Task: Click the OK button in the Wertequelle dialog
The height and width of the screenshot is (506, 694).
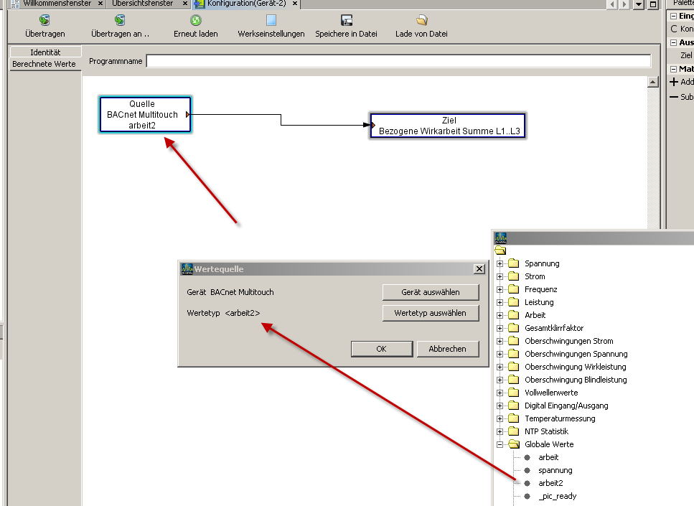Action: tap(382, 349)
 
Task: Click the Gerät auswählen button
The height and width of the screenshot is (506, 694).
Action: tap(430, 292)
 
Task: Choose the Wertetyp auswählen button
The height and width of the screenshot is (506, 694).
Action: tap(430, 313)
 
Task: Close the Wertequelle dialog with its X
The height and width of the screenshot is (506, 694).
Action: tap(479, 268)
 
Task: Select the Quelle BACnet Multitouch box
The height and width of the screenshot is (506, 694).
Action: tap(145, 115)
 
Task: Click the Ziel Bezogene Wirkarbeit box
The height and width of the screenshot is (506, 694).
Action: tap(448, 126)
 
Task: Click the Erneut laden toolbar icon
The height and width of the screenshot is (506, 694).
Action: tap(196, 20)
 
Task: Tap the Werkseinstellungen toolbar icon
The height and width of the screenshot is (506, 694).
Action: tap(271, 20)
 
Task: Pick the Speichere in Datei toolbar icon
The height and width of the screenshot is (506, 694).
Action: tap(347, 20)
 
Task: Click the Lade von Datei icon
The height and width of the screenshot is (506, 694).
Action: tap(422, 20)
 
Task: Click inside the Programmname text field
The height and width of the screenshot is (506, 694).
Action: tap(398, 61)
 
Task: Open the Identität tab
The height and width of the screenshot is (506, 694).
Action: tap(45, 52)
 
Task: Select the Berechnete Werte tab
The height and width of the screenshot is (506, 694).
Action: tap(44, 64)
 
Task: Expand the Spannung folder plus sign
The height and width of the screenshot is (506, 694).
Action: tap(500, 264)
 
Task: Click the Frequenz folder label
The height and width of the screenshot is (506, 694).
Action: tap(541, 289)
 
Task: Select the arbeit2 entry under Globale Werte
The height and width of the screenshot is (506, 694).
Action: tap(550, 483)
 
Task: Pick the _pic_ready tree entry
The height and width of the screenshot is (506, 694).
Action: tap(557, 496)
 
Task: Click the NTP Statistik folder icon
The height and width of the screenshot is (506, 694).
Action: tap(513, 431)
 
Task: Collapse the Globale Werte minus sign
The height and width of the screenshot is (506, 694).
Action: tap(500, 444)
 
